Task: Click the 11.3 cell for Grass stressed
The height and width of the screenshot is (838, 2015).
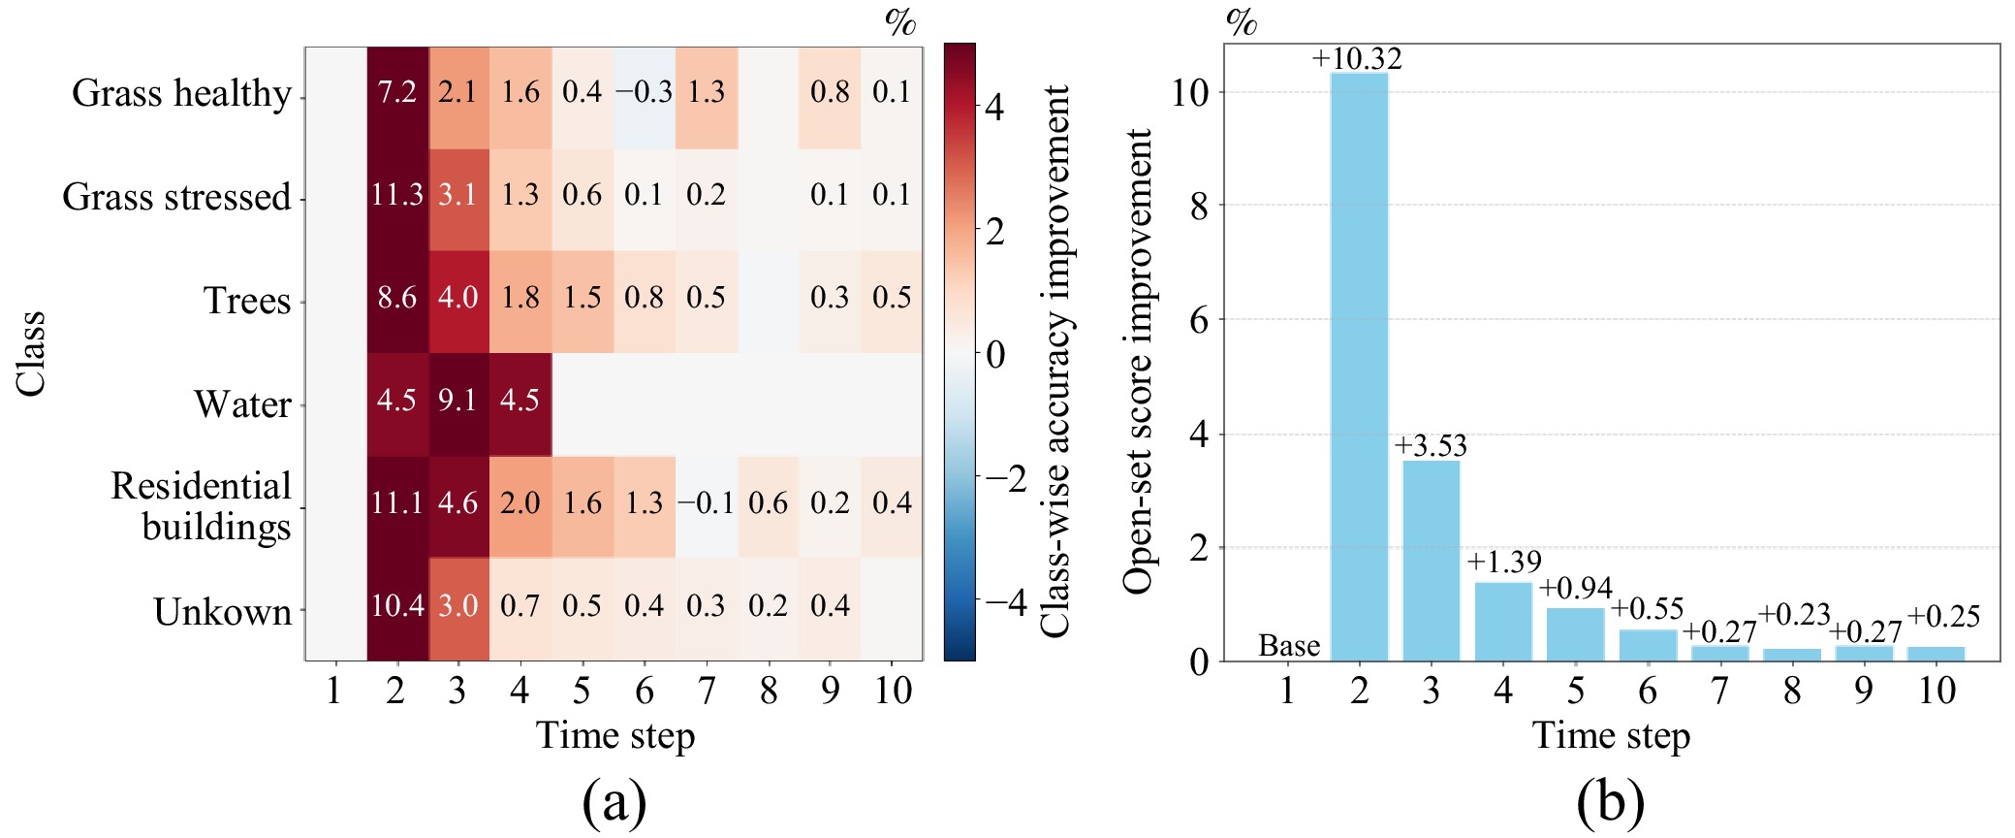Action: pyautogui.click(x=397, y=195)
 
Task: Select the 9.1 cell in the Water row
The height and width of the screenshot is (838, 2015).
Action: pyautogui.click(x=457, y=401)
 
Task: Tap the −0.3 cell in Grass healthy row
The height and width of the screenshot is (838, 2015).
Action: pyautogui.click(x=644, y=92)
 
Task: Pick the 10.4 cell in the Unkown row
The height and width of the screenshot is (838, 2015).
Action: pyautogui.click(x=397, y=606)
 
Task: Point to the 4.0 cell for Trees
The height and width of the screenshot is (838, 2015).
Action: pyautogui.click(x=457, y=298)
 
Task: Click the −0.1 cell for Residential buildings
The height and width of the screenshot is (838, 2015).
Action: pyautogui.click(x=706, y=503)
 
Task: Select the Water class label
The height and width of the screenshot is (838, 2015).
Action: pyautogui.click(x=242, y=404)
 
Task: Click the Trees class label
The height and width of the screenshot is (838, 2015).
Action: pyautogui.click(x=247, y=301)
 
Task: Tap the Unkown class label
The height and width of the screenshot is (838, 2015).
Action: pyautogui.click(x=223, y=612)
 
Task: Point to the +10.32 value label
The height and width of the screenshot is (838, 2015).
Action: pyautogui.click(x=1357, y=58)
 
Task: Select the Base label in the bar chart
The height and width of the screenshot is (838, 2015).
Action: pyautogui.click(x=1289, y=645)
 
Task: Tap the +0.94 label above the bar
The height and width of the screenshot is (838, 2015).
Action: pyautogui.click(x=1576, y=588)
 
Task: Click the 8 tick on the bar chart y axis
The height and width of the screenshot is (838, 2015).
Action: pyautogui.click(x=1200, y=206)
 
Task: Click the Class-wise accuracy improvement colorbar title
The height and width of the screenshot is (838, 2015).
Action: pyautogui.click(x=1055, y=361)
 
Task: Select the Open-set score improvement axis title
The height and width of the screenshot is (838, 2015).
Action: pyautogui.click(x=1138, y=361)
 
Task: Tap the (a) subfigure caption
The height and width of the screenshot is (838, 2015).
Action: pyautogui.click(x=614, y=802)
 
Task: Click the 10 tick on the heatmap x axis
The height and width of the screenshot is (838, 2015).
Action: pyautogui.click(x=893, y=691)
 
